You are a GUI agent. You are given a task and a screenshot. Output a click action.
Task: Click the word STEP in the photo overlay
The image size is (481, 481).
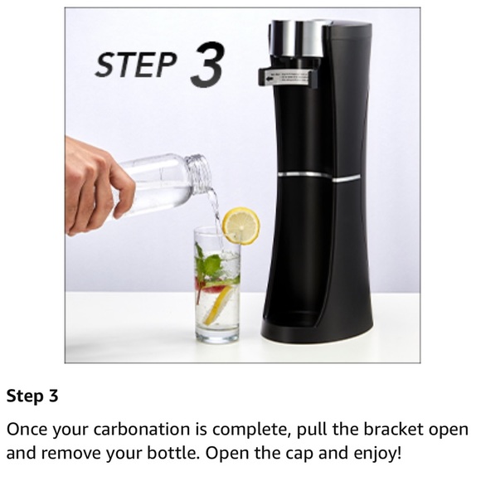point(136,66)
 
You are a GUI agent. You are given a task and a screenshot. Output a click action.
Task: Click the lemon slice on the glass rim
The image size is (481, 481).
point(240,225)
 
